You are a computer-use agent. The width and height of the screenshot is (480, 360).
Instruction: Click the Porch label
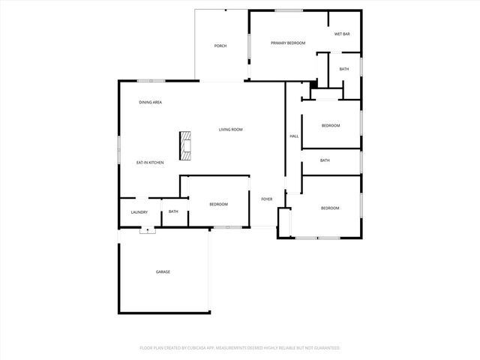point(220,46)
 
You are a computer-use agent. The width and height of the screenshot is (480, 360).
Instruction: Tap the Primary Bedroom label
point(288,43)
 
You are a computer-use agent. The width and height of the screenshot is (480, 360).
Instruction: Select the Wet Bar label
point(343,34)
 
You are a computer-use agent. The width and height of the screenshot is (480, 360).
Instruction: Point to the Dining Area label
point(151,102)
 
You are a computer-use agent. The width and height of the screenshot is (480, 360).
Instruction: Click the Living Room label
point(230,130)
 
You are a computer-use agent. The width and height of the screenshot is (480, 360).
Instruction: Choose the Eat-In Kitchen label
point(150,163)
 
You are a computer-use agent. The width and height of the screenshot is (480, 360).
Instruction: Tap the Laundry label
point(139,212)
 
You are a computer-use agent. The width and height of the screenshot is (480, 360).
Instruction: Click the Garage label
point(163,271)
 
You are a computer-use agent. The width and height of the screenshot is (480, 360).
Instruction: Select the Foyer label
point(266,199)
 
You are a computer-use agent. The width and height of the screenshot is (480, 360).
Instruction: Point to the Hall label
point(294,136)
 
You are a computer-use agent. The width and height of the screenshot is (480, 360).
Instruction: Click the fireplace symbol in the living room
point(184,145)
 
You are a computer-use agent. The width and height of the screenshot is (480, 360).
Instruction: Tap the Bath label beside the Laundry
point(173,211)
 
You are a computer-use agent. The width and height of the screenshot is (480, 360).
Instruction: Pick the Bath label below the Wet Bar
point(343,69)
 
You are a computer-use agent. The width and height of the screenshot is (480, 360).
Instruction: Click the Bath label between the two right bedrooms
point(325,160)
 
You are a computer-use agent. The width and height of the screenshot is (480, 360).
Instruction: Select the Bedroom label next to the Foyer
point(218,204)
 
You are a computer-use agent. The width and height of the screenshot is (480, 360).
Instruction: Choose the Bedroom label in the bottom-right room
point(330,208)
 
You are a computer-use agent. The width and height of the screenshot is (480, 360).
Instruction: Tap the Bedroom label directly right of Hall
point(331,125)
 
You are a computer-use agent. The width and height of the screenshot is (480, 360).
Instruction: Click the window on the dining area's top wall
point(151,80)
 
